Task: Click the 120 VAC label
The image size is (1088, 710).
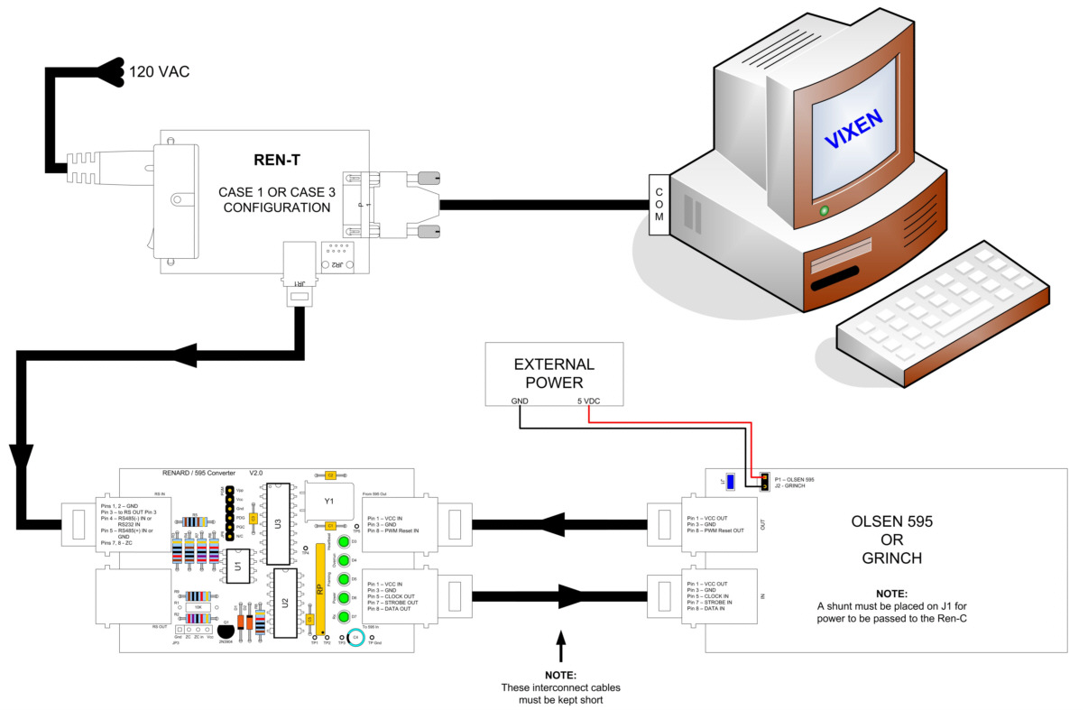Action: (x=160, y=71)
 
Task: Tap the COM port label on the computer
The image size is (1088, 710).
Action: (x=659, y=204)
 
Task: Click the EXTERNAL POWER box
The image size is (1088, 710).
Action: (x=554, y=373)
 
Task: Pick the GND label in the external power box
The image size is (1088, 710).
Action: (x=519, y=401)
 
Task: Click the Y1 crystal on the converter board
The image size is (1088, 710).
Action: (x=329, y=500)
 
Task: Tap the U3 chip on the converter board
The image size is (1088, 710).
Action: (x=278, y=522)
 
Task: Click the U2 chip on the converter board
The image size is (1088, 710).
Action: (x=284, y=603)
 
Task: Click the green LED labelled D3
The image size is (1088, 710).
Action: (x=344, y=541)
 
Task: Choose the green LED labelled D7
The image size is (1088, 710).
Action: (x=344, y=616)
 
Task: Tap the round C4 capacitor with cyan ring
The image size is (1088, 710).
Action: (x=355, y=637)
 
